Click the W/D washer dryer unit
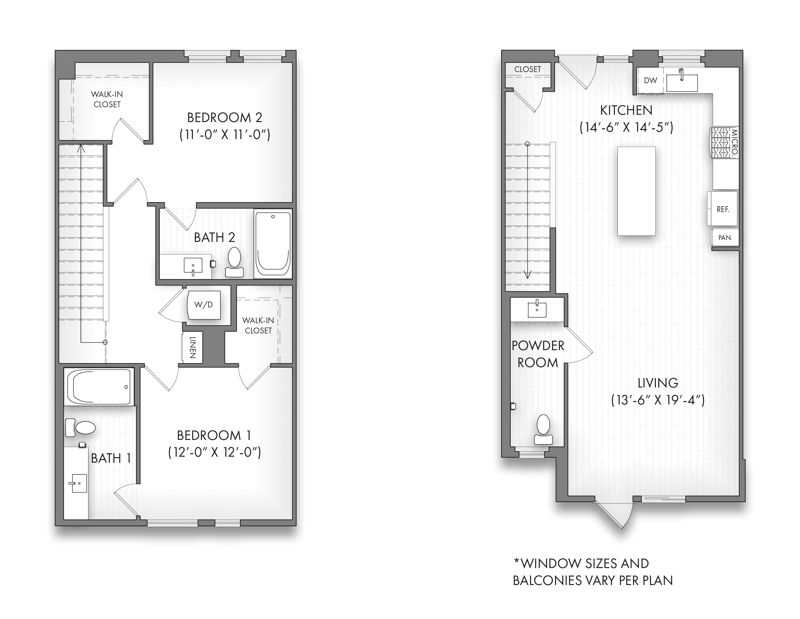tap(204, 305)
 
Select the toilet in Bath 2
tap(234, 262)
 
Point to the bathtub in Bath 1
tap(98, 387)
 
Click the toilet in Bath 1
tap(80, 428)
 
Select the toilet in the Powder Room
tap(543, 430)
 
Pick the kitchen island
tap(636, 191)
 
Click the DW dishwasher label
tap(650, 80)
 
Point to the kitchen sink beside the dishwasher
tap(682, 82)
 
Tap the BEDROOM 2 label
tap(225, 118)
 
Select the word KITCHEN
tap(626, 110)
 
